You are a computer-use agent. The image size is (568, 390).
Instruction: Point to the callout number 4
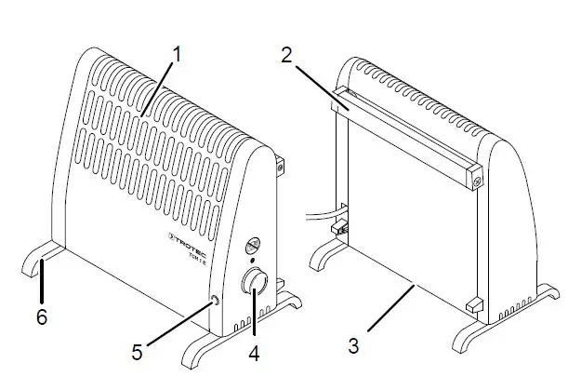click(253, 354)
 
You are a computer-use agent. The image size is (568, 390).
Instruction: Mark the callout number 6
click(41, 316)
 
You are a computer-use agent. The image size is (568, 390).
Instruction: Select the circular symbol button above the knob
click(251, 246)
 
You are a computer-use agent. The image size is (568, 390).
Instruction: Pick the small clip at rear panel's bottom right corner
click(474, 304)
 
